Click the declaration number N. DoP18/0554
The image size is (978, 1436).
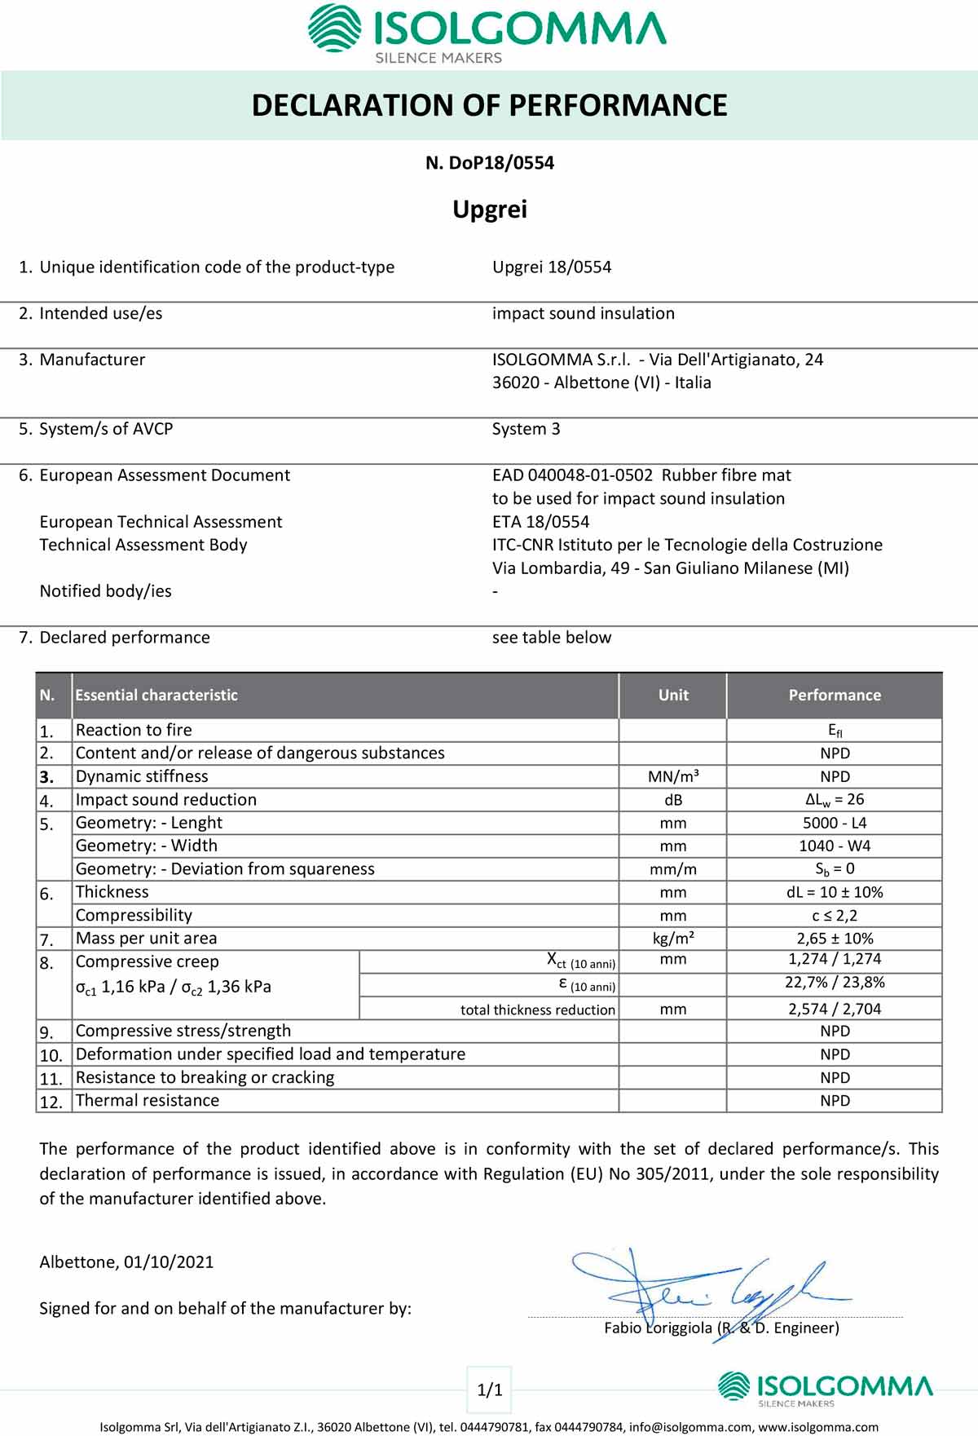point(489,163)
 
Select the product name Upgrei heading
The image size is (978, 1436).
point(490,210)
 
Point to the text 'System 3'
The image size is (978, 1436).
point(526,429)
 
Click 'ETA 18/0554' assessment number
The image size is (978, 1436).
point(540,522)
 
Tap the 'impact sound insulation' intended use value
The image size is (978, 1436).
point(583,313)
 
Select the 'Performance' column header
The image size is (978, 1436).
point(834,696)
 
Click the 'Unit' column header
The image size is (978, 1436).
point(673,696)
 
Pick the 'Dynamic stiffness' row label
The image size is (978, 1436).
point(142,776)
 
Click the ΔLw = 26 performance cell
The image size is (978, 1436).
point(834,800)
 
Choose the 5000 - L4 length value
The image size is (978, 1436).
point(834,823)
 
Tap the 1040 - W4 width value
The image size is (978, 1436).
point(834,846)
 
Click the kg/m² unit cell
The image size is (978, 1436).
point(673,939)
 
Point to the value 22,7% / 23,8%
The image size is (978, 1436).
point(834,983)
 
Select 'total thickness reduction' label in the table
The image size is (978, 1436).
point(537,1010)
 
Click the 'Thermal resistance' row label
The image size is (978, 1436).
point(148,1100)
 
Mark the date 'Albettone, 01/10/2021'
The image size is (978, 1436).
point(126,1262)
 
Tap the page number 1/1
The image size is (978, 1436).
point(489,1390)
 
